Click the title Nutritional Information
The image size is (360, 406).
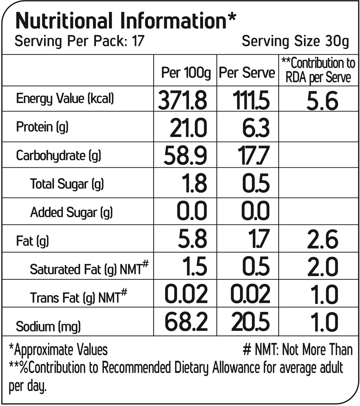[x=126, y=21]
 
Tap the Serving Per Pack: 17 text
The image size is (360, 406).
[x=80, y=41]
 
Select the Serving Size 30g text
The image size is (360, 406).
[x=295, y=42]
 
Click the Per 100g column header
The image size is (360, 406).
[x=186, y=73]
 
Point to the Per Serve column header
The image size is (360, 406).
[x=247, y=73]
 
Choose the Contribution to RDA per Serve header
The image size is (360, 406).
[x=318, y=70]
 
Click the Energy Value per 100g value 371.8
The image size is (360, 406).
[x=182, y=100]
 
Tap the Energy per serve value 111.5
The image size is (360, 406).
[x=251, y=100]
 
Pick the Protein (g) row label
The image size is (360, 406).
[x=42, y=127]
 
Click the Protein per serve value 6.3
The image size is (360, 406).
[x=256, y=128]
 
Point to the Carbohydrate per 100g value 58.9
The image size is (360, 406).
[x=185, y=156]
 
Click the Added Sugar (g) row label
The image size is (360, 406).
[x=71, y=213]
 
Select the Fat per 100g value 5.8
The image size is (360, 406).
[x=192, y=239]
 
